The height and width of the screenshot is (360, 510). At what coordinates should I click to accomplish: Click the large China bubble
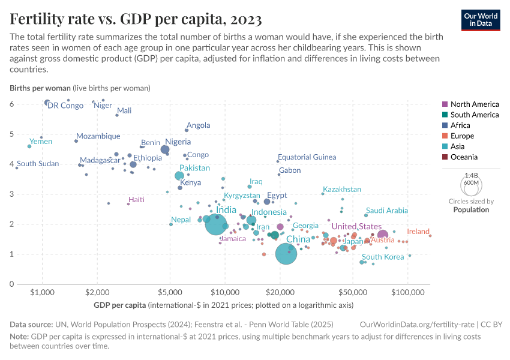coord(287,254)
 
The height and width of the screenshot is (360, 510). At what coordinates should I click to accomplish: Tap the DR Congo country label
coord(65,106)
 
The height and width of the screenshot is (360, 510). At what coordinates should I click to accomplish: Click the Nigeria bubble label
coord(178,142)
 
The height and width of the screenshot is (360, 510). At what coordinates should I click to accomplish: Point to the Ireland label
coord(418,232)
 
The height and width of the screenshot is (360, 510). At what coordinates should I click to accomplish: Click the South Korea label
coord(383,257)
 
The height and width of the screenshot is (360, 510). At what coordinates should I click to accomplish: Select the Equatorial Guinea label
coord(307,157)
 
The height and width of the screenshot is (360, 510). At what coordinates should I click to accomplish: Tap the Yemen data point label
coord(41,142)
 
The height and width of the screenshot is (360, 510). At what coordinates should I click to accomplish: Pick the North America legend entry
coord(475,104)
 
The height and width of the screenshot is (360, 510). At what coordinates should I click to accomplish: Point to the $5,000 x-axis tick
coord(170,292)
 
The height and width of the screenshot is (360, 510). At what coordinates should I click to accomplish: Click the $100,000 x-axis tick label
coord(407,292)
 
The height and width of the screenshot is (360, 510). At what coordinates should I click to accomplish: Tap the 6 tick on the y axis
coord(11,104)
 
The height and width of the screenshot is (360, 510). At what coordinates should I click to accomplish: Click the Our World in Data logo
coord(481,19)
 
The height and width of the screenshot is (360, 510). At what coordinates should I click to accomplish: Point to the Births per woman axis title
coord(40,88)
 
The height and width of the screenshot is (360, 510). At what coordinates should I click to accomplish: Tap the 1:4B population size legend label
coord(471,175)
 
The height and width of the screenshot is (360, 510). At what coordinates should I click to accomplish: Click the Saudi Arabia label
coord(387,211)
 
